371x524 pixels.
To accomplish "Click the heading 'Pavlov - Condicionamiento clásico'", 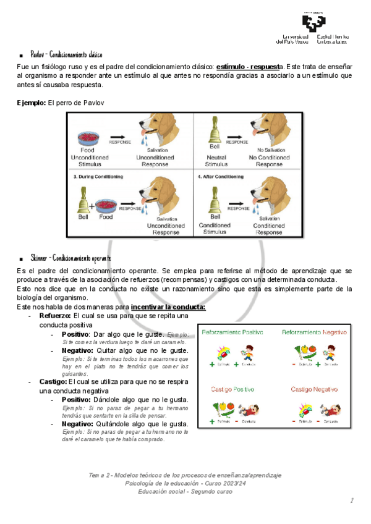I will pos(70,55).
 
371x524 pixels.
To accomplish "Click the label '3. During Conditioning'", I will pos(98,176).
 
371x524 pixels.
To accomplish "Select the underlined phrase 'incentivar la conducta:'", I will pos(168,306).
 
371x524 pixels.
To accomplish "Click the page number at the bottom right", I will pos(351,500).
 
